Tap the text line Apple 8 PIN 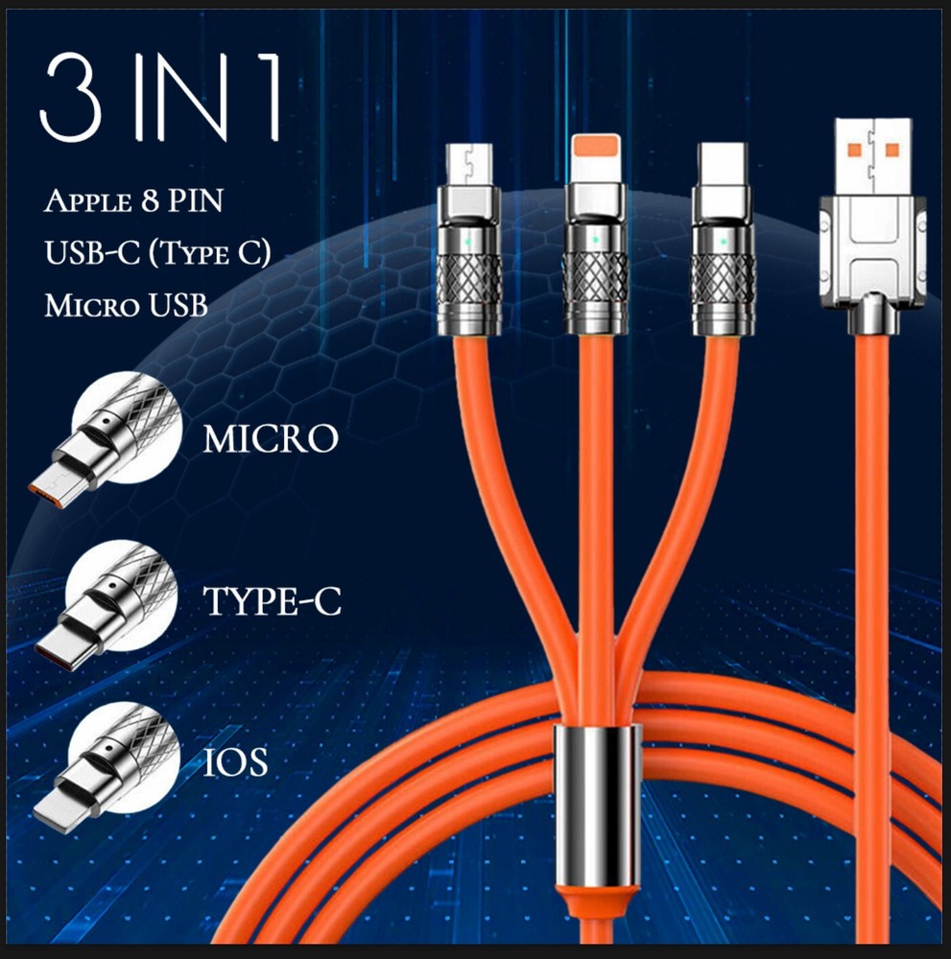(131, 203)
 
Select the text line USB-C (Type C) (157, 255)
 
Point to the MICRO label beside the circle (271, 439)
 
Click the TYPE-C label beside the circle (273, 601)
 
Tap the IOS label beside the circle (235, 762)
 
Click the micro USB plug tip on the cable (470, 164)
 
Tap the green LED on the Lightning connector (595, 240)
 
